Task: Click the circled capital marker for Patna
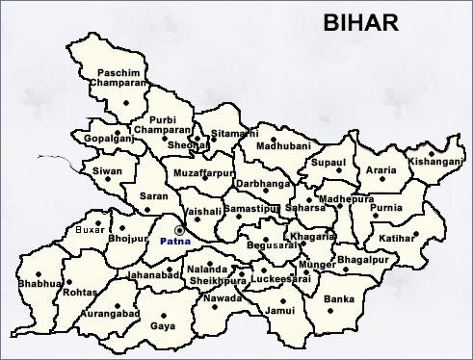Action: click(179, 230)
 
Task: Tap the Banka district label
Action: click(339, 299)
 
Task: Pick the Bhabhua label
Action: click(37, 285)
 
